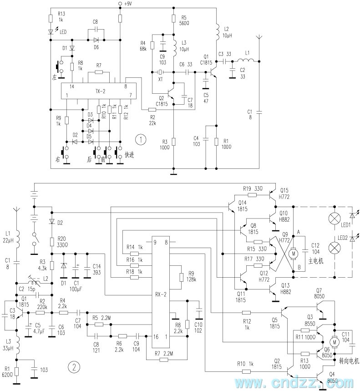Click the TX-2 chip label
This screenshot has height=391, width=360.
click(100, 91)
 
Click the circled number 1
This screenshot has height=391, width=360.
click(143, 138)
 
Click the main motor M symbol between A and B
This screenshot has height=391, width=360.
click(294, 252)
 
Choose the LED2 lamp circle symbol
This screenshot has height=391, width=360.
click(335, 248)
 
